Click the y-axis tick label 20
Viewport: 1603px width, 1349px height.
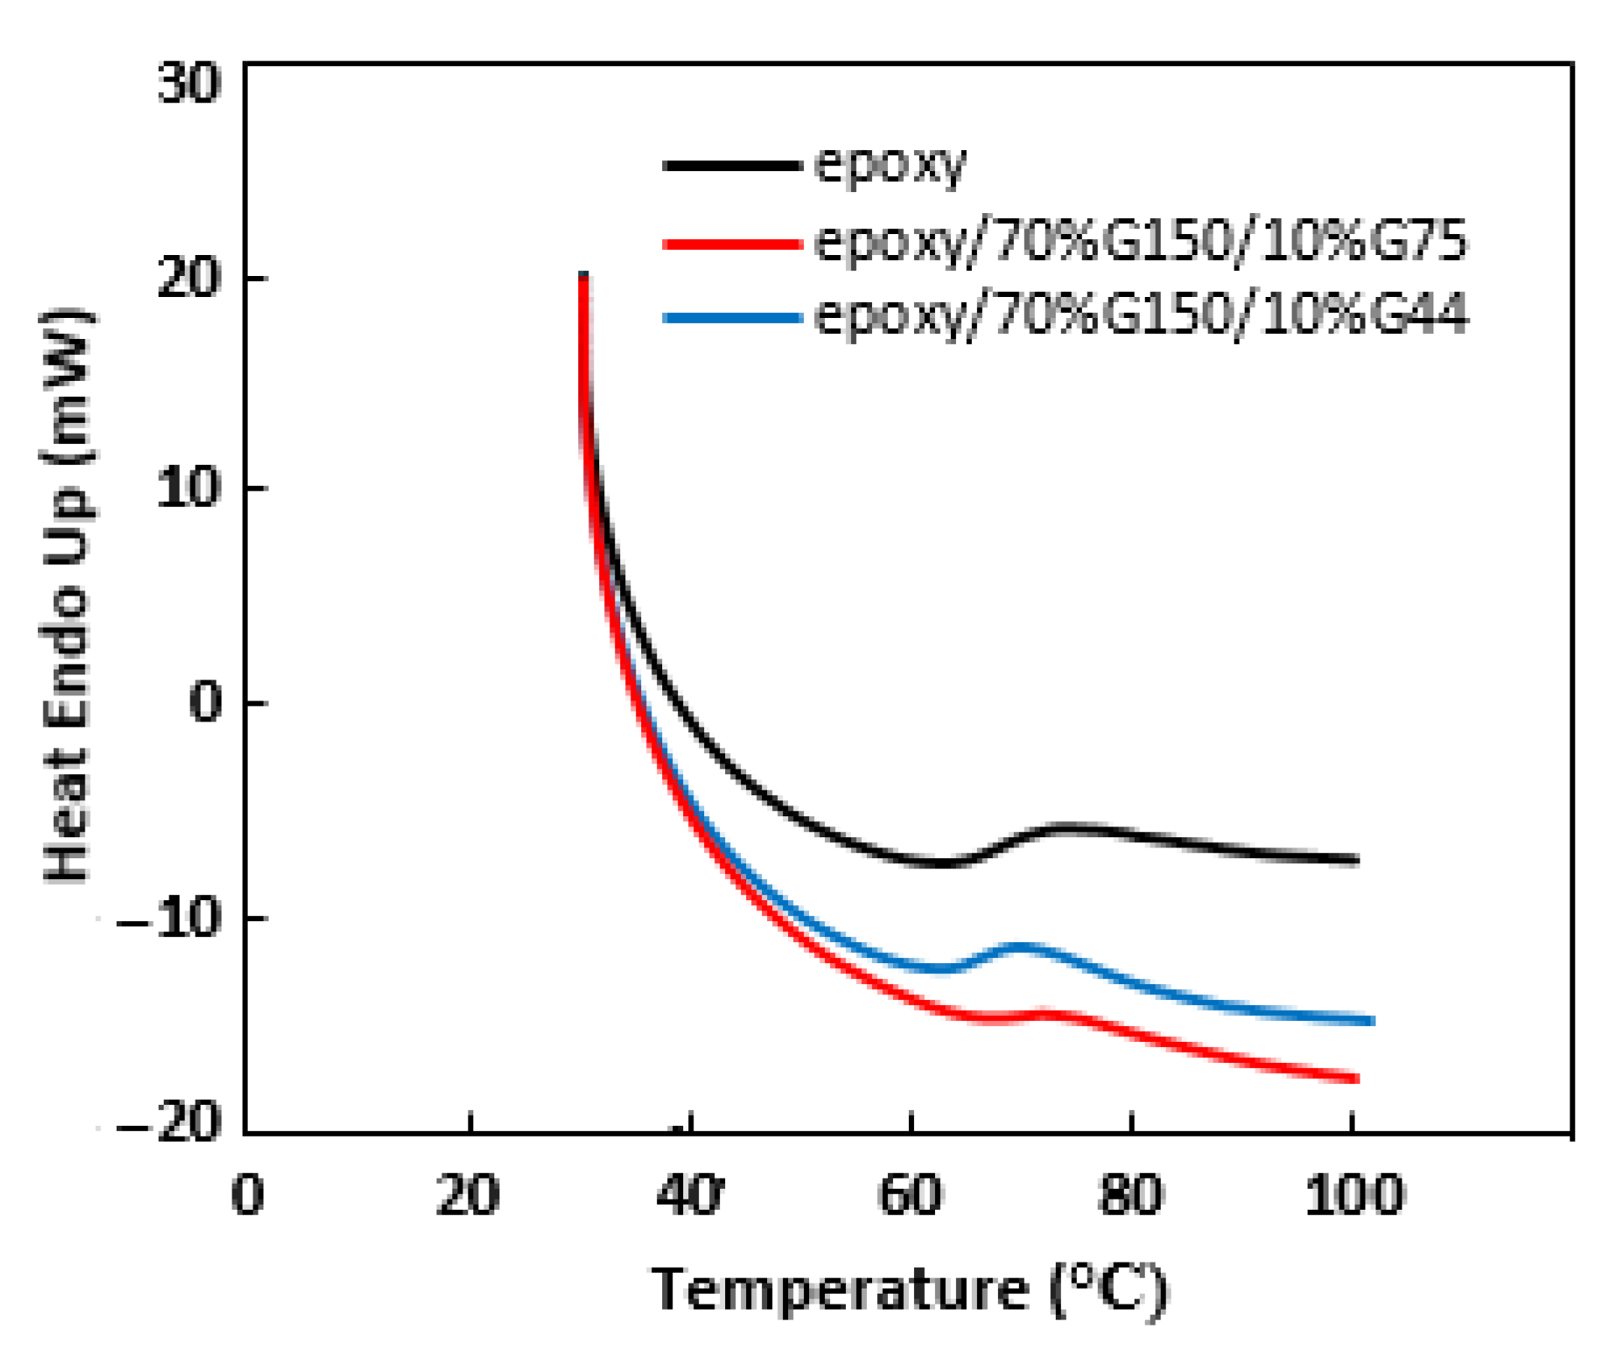(190, 279)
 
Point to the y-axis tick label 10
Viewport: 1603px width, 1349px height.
(190, 487)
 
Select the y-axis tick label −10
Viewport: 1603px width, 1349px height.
(169, 919)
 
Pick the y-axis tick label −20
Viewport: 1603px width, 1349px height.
(169, 1122)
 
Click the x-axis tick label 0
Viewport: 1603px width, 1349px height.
(248, 1195)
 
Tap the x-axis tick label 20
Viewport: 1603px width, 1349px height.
(468, 1195)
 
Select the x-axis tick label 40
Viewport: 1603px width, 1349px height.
(689, 1195)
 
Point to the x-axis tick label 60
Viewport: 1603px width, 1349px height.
(911, 1195)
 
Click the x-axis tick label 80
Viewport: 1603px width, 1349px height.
(1130, 1195)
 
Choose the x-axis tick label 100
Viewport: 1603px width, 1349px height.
(1354, 1195)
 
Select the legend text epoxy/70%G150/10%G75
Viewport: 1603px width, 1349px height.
(1141, 241)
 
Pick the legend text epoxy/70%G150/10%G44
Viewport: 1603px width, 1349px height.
(1141, 315)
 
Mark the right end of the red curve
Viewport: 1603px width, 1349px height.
(1355, 1079)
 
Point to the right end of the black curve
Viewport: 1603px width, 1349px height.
(1355, 860)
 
